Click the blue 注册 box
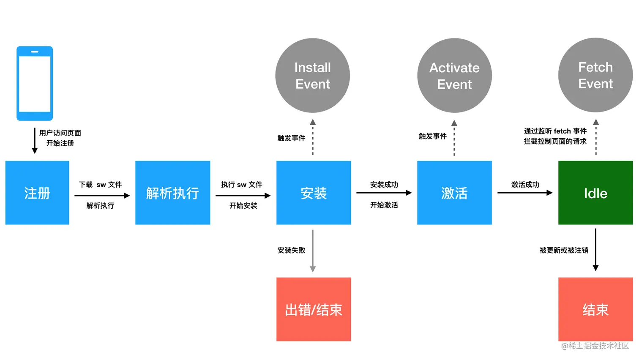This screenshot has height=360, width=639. coord(37,193)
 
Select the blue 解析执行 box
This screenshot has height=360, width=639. coord(172,193)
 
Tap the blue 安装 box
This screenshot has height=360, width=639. coord(314,193)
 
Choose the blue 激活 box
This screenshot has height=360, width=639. coord(454,193)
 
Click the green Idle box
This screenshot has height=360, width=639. coord(595,193)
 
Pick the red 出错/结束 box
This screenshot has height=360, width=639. coord(314,309)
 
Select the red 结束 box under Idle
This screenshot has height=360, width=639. coord(595,309)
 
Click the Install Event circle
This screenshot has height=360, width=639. coord(313,76)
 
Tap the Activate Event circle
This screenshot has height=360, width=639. coord(454,76)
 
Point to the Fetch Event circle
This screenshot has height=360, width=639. coord(595,75)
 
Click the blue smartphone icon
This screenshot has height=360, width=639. coord(35,83)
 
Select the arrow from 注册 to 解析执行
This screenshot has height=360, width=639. coord(102,196)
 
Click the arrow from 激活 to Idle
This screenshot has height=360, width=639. coord(525,193)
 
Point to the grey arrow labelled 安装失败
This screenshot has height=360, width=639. coord(313,251)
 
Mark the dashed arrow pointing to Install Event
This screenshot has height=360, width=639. coord(313,137)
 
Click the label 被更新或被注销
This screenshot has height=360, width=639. coord(564,251)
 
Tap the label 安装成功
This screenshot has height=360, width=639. coord(384,185)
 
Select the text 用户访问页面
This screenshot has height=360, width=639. coord(60,133)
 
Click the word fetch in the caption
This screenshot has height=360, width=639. coord(562,131)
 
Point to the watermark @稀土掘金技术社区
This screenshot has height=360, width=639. coord(595,346)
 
